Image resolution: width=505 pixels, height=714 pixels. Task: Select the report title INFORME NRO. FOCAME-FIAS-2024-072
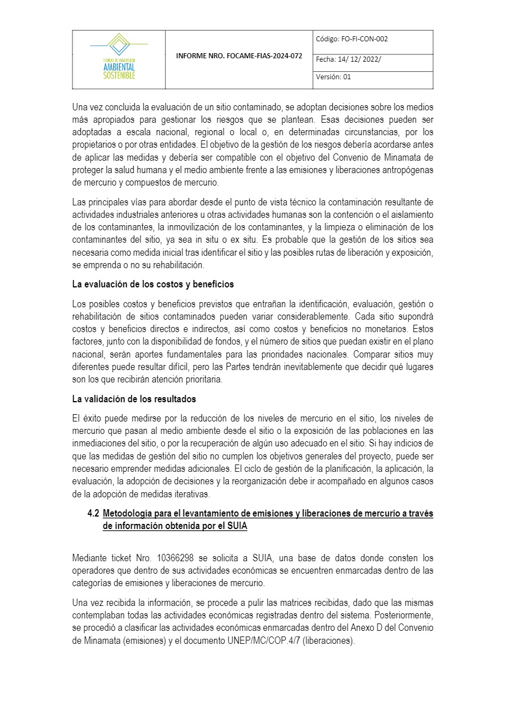239,57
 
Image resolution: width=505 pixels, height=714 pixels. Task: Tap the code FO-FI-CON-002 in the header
364,39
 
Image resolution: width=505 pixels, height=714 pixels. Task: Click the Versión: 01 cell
333,77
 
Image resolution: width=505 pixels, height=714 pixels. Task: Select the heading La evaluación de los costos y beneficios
153,284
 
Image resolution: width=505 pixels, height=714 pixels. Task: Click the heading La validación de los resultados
134,399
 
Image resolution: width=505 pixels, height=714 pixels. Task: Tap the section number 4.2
93,514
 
